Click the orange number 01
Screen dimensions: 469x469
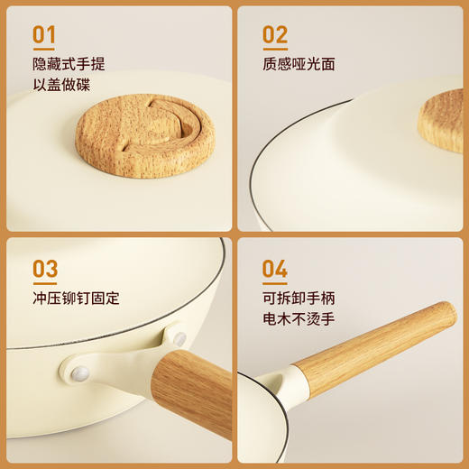(44, 35)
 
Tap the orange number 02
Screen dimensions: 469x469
(275, 35)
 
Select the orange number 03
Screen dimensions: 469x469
(44, 269)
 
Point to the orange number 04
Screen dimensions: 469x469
(275, 269)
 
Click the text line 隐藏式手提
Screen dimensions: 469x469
(69, 64)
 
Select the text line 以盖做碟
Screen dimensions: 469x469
(61, 86)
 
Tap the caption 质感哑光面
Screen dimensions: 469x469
(299, 64)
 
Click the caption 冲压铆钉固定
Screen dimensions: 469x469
(76, 298)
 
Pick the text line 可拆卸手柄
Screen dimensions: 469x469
(299, 298)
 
